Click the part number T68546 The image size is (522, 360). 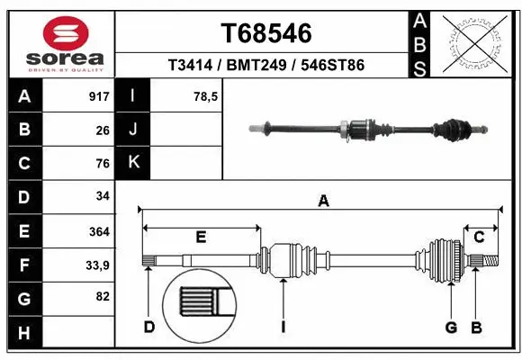pyautogui.click(x=266, y=33)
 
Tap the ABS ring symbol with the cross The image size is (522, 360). pyautogui.click(x=475, y=43)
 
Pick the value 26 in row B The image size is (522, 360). pyautogui.click(x=103, y=130)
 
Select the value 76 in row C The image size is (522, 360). pyautogui.click(x=103, y=164)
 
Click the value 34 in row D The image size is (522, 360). pyautogui.click(x=103, y=197)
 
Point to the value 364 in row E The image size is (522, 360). pyautogui.click(x=99, y=231)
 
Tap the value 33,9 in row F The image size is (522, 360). pyautogui.click(x=97, y=265)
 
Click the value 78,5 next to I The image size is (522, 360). pyautogui.click(x=206, y=96)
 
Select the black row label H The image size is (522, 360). pyautogui.click(x=23, y=333)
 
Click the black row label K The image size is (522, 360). pyautogui.click(x=133, y=163)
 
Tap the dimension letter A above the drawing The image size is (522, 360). pyautogui.click(x=323, y=202)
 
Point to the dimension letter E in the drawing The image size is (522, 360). pyautogui.click(x=202, y=238)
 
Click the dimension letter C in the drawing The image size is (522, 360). pyautogui.click(x=480, y=237)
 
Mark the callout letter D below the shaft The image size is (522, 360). pyautogui.click(x=149, y=326)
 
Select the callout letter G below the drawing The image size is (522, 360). pyautogui.click(x=451, y=326)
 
